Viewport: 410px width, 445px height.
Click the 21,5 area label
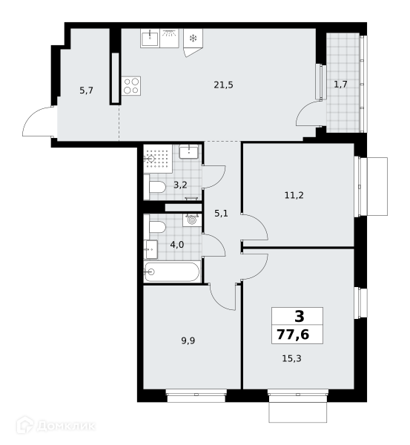click(x=223, y=85)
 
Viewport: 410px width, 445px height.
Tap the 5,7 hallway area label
click(x=86, y=90)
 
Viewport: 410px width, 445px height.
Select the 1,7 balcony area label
click(x=340, y=85)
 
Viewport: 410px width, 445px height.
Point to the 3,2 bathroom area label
click(x=180, y=185)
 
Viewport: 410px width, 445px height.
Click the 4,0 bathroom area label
click(x=177, y=244)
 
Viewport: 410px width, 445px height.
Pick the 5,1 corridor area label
click(x=221, y=213)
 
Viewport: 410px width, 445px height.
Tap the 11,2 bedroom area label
click(x=294, y=195)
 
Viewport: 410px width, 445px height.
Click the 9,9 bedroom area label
click(x=188, y=340)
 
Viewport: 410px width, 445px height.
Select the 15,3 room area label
click(x=291, y=358)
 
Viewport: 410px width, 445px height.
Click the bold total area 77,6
click(x=293, y=334)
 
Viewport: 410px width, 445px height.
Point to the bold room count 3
click(x=300, y=316)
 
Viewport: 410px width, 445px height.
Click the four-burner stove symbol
click(x=131, y=86)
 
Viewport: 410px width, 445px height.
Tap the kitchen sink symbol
click(x=150, y=39)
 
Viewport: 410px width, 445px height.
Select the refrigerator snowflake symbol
click(x=194, y=39)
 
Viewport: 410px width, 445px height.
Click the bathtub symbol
click(x=172, y=272)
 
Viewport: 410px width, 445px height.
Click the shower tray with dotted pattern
click(x=158, y=159)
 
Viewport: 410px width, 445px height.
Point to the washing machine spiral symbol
click(x=192, y=220)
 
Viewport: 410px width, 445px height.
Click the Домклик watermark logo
click(x=56, y=426)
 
